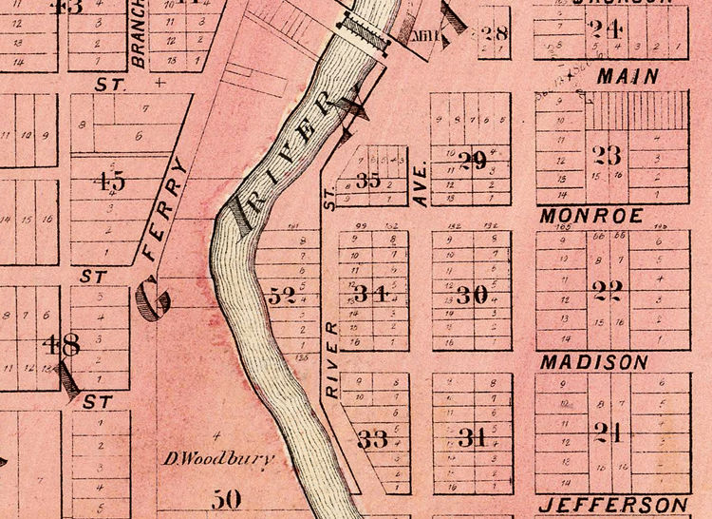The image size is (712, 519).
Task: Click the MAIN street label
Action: coord(624,77)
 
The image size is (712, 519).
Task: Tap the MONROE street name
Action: coord(591,216)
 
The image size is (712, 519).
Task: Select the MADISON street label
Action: coord(593,362)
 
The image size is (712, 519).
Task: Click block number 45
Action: coord(111,180)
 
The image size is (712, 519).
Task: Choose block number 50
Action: coord(227,498)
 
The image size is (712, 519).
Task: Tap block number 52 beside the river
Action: coord(282,296)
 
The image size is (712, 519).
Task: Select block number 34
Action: coord(371,294)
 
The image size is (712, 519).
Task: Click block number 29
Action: coord(472,161)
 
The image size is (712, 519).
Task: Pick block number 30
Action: coord(472,295)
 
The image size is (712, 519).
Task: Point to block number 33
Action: coord(373,439)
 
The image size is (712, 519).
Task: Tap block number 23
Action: coord(606,154)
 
